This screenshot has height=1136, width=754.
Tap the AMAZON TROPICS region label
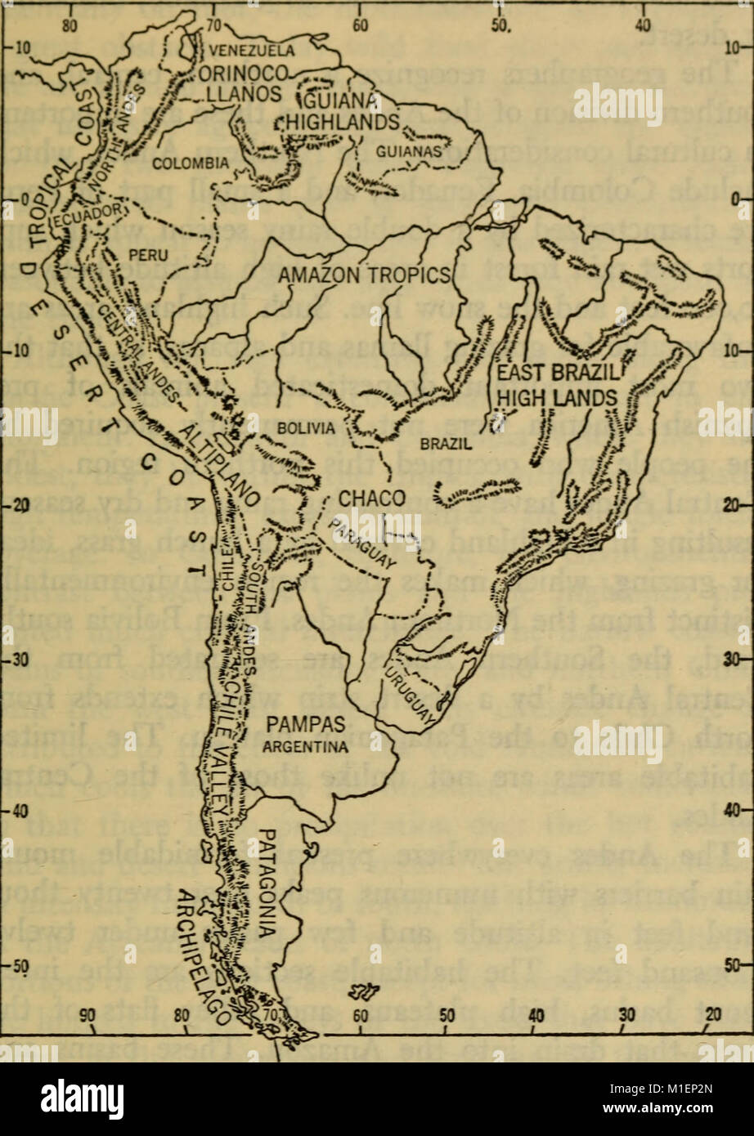(x=365, y=275)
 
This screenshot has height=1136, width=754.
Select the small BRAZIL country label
(x=445, y=444)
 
